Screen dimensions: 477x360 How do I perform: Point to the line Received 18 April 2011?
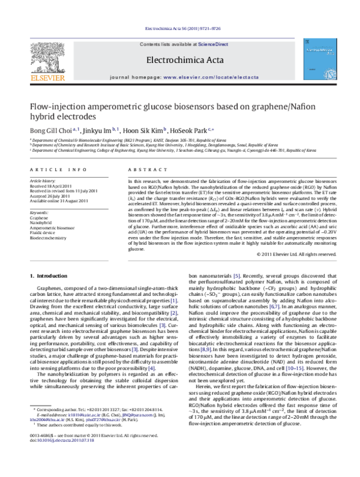[52, 185]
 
